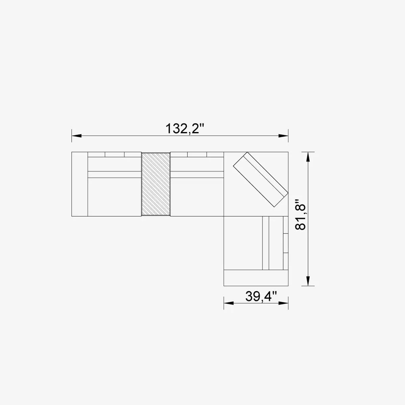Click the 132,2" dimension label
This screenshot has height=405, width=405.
click(185, 129)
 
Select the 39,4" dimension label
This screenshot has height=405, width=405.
click(261, 296)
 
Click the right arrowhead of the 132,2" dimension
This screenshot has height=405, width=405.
click(283, 136)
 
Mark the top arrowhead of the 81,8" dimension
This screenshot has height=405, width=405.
click(308, 157)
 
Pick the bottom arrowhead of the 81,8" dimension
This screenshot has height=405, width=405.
click(308, 280)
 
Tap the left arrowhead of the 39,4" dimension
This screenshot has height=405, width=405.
click(228, 303)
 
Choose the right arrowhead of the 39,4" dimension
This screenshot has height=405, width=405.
click(283, 303)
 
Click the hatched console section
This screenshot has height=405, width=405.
click(156, 184)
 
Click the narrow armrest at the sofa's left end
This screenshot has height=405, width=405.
click(80, 184)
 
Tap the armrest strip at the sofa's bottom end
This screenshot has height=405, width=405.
click(256, 278)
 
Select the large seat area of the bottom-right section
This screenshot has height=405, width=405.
click(243, 243)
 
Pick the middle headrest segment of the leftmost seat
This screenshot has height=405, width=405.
click(114, 155)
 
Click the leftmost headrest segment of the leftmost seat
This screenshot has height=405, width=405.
click(96, 155)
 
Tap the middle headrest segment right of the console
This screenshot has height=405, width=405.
click(197, 155)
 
